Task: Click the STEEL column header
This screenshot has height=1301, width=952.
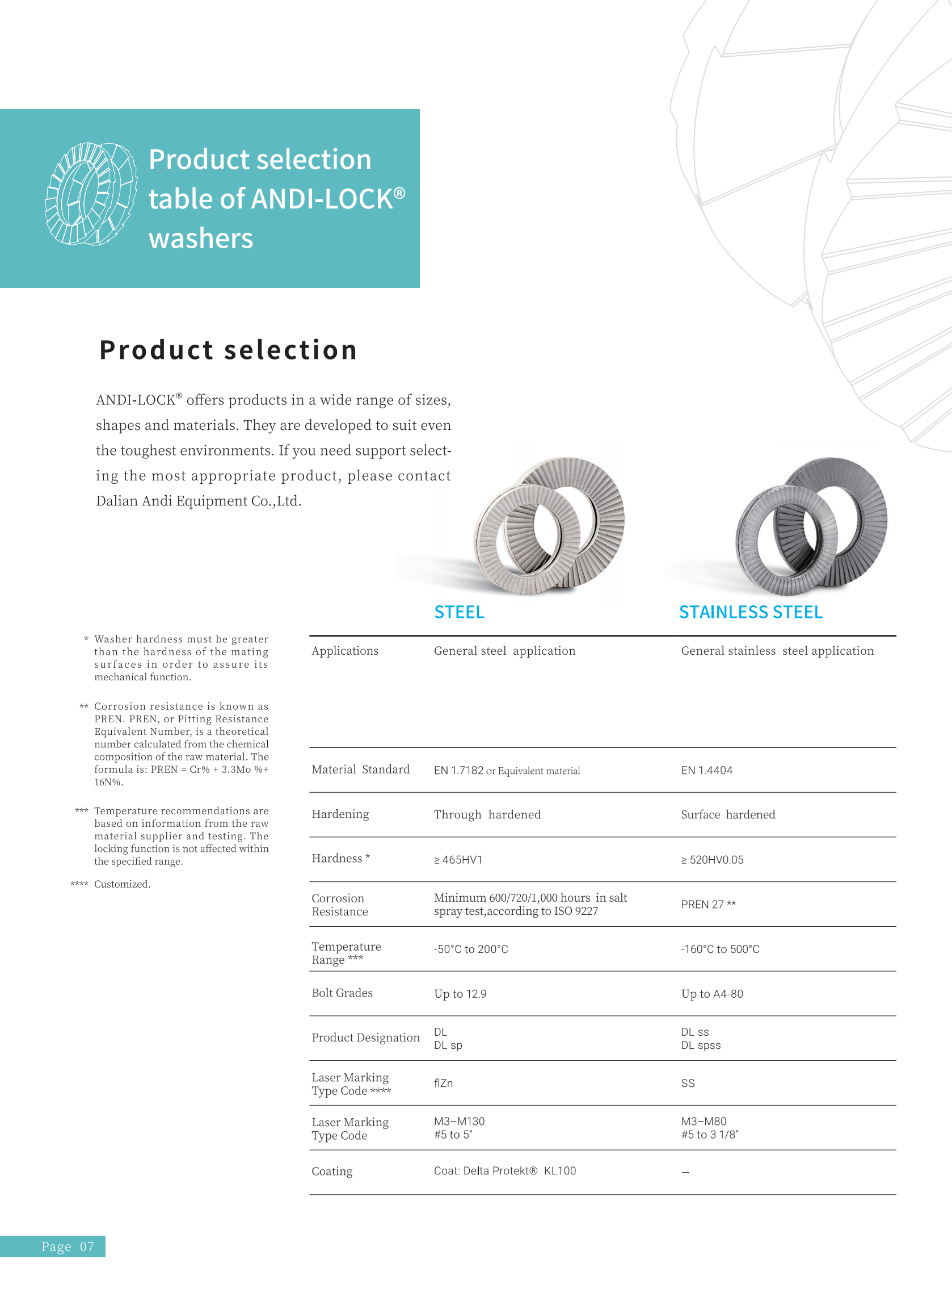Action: tap(459, 612)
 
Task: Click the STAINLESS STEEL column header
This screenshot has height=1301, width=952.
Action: tap(750, 612)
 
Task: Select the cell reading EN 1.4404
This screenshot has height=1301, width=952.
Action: tap(706, 771)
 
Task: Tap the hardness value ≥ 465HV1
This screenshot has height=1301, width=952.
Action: tap(458, 860)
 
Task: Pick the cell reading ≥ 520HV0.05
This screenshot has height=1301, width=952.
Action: tap(712, 860)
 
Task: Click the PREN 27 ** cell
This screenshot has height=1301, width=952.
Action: tap(708, 904)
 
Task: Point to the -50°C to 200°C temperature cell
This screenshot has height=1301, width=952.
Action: tap(471, 949)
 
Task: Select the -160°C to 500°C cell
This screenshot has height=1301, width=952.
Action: tap(720, 949)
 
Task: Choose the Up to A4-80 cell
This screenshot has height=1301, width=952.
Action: tap(711, 994)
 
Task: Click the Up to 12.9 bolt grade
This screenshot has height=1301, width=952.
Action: tap(460, 994)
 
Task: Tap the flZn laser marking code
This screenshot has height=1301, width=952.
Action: tap(443, 1083)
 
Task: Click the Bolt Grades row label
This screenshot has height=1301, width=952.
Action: tap(342, 993)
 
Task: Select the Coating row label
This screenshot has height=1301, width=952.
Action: tap(332, 1172)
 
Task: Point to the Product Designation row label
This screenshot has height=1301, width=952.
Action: tap(365, 1038)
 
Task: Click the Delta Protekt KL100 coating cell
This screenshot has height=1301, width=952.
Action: tap(505, 1170)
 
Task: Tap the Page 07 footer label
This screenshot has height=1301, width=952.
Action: tap(67, 1247)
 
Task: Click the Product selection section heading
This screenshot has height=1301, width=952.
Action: tap(228, 350)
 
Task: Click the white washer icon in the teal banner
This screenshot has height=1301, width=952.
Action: tap(91, 194)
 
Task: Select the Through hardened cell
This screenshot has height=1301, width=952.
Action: tap(487, 814)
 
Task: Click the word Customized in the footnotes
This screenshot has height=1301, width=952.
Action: tap(122, 884)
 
